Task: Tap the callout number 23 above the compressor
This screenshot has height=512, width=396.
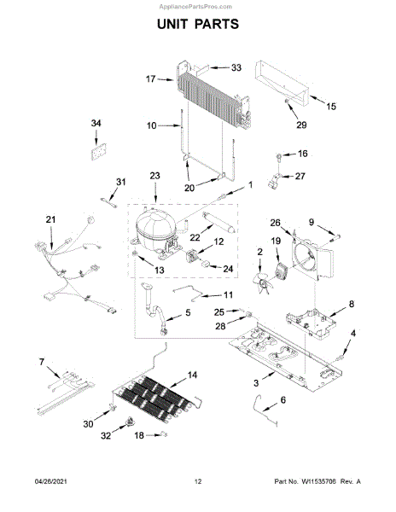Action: pyautogui.click(x=154, y=176)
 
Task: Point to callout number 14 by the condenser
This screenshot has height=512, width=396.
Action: pyautogui.click(x=192, y=375)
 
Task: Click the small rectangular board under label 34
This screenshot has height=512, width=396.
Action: pyautogui.click(x=99, y=152)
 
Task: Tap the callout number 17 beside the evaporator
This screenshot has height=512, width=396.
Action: pyautogui.click(x=150, y=79)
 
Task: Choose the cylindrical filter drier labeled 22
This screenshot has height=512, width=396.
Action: pyautogui.click(x=218, y=222)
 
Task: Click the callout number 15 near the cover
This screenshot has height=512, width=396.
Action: pyautogui.click(x=330, y=107)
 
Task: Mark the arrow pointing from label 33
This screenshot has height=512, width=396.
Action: pyautogui.click(x=219, y=68)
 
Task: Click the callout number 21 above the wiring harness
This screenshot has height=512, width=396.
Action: pyautogui.click(x=50, y=219)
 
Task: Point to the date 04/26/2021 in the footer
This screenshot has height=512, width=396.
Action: pyautogui.click(x=50, y=481)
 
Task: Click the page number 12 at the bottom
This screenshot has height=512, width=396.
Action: pyautogui.click(x=198, y=481)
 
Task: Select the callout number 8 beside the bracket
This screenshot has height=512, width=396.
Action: pyautogui.click(x=352, y=304)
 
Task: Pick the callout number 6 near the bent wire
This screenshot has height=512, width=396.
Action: pyautogui.click(x=282, y=399)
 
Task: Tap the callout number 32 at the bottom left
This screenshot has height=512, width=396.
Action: pyautogui.click(x=106, y=435)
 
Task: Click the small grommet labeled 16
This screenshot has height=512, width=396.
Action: pyautogui.click(x=280, y=157)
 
